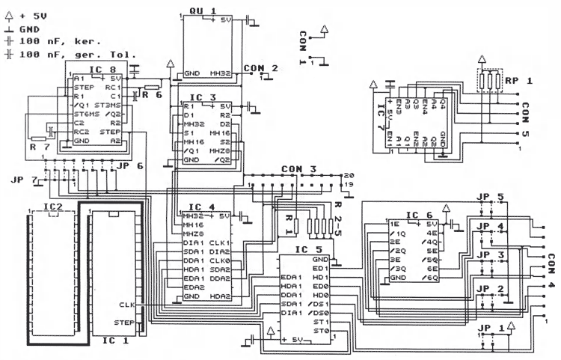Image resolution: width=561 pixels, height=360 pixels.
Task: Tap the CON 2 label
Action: tap(260, 68)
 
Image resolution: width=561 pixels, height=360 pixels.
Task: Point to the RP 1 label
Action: tap(517, 80)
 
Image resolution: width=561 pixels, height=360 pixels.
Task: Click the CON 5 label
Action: tap(525, 119)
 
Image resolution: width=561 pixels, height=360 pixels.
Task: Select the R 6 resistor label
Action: tap(152, 96)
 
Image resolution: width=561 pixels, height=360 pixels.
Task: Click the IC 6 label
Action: tap(417, 215)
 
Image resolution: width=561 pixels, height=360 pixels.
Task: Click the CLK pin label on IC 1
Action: tap(125, 305)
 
